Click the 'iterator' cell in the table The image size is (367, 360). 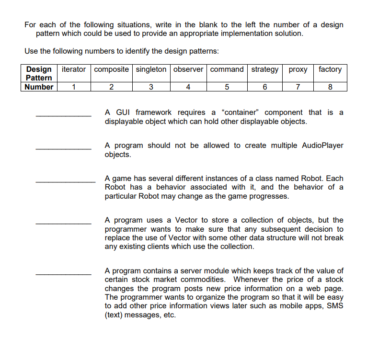(x=74, y=69)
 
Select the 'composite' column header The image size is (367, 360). (x=111, y=69)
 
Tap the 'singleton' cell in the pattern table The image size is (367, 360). (x=151, y=69)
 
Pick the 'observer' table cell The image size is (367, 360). (x=188, y=69)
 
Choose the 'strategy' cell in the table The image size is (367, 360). (x=265, y=69)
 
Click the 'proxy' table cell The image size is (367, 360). (x=298, y=69)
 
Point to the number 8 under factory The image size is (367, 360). (x=330, y=87)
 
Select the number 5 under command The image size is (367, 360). (x=227, y=87)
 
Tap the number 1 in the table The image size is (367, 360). (x=74, y=87)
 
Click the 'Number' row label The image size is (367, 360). (x=39, y=87)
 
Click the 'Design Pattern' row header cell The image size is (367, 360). (x=39, y=73)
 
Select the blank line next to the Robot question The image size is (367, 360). (x=65, y=181)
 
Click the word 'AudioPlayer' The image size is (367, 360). (x=323, y=146)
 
